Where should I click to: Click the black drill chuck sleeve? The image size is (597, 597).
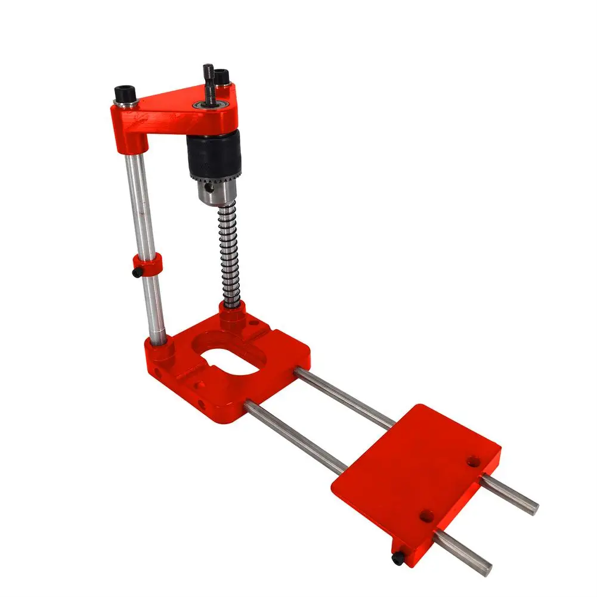214,154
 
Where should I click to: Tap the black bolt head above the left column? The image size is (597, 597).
125,94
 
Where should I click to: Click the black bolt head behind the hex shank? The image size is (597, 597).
222,77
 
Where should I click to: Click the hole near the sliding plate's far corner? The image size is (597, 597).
474,461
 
